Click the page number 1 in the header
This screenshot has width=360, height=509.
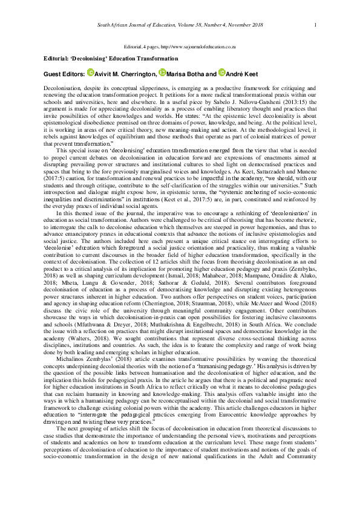316,25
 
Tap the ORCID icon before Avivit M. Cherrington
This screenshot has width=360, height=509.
90,73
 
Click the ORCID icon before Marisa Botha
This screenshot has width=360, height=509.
162,73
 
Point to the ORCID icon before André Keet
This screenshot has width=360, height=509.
222,73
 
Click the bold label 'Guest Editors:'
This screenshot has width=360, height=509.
65,73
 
